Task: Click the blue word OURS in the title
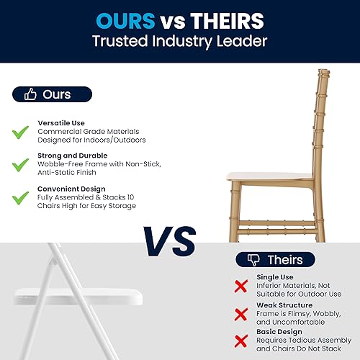pos(125,21)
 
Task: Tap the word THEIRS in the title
pos(228,21)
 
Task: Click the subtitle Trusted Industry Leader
pos(180,41)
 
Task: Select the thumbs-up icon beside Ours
pos(30,94)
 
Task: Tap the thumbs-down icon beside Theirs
pos(253,260)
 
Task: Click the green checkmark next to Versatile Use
pos(20,132)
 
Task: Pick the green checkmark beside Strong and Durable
pos(20,165)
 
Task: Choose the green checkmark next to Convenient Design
pos(20,198)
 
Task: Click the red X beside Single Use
pos(241,286)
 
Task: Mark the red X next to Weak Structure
pos(241,315)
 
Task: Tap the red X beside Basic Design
pos(241,341)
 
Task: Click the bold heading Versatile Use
pos(61,123)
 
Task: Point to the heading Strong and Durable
pos(73,156)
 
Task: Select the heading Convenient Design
pos(71,189)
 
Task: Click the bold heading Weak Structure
pos(284,305)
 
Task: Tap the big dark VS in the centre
pos(170,241)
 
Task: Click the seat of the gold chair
pos(269,176)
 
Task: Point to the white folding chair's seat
pos(78,297)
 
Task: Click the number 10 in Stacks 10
pos(130,197)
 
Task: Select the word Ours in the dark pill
pos(57,94)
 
